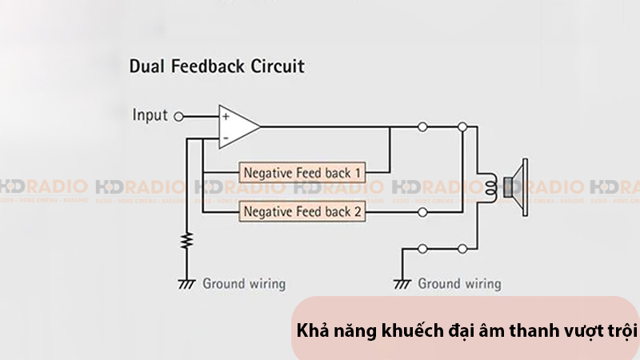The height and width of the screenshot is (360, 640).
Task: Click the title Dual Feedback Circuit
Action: click(217, 66)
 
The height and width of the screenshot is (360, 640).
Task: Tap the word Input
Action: click(150, 115)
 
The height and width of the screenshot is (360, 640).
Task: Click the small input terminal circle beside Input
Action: click(178, 116)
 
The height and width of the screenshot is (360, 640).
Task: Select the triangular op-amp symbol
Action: click(238, 126)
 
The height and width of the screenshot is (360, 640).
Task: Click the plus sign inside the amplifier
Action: click(226, 117)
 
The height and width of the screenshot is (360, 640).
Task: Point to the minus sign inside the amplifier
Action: click(226, 138)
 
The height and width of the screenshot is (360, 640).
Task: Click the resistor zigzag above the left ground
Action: click(188, 241)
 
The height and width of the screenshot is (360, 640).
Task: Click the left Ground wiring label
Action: click(243, 283)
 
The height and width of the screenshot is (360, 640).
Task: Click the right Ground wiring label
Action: click(459, 283)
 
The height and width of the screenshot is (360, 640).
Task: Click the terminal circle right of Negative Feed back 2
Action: click(422, 213)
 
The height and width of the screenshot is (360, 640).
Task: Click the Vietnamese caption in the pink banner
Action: click(467, 330)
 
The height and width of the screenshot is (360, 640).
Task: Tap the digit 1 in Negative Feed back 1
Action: click(358, 172)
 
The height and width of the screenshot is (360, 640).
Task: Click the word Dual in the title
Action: click(148, 66)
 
